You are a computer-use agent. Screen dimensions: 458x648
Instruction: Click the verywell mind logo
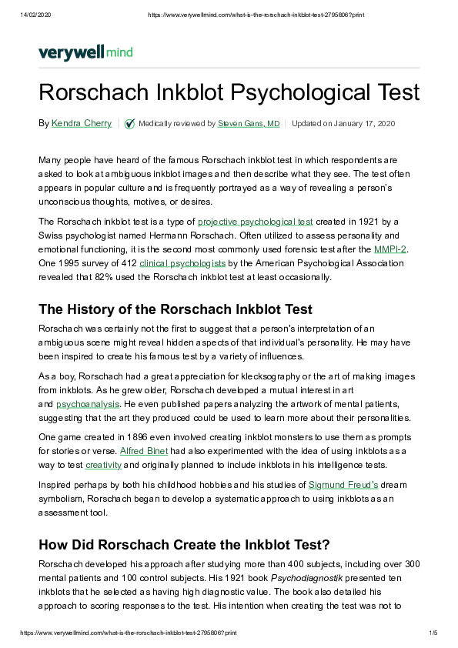coord(85,52)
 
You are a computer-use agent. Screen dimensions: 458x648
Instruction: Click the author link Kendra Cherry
coord(82,123)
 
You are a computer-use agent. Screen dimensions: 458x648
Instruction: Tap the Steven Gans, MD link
coord(249,123)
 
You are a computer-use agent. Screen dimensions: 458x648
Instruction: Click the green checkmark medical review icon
coord(130,123)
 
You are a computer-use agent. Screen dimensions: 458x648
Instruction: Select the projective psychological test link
coord(256,222)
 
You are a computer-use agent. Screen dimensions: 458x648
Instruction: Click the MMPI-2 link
coord(389,249)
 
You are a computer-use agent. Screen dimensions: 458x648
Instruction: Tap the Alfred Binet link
coord(143,449)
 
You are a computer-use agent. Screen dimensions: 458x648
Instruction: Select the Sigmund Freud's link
coord(343,485)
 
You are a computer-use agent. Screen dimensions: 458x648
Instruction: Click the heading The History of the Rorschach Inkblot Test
coord(176,309)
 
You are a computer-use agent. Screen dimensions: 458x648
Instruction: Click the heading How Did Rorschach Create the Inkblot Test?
coord(184,545)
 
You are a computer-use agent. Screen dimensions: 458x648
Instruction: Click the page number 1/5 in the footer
coord(433,632)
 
